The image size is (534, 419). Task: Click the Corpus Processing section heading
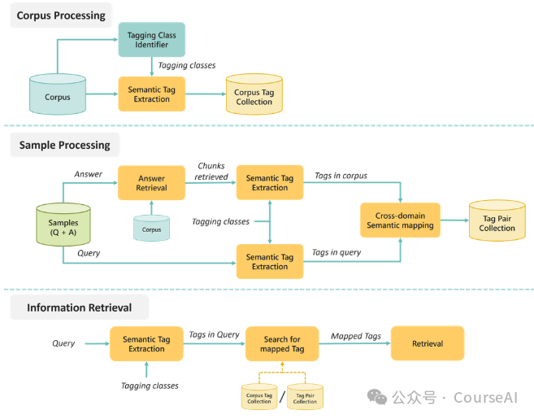coord(62,15)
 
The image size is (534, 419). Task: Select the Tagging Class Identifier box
coord(152,39)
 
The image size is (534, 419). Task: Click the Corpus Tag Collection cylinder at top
coord(254,94)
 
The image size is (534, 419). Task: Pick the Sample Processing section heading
coord(65,145)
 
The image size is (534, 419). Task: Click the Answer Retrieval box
coord(151,183)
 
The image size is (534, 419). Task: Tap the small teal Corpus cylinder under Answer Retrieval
coord(151,229)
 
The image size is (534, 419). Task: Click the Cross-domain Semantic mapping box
coord(400,220)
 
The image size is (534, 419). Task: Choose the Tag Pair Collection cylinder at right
coord(497,221)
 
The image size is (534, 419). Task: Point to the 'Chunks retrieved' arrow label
coord(211,171)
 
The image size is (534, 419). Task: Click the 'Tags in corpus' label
coord(341,176)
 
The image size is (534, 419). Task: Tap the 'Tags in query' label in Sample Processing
coord(336,252)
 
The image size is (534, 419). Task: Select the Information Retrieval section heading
coord(79,308)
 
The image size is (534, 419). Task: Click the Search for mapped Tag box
coord(281,344)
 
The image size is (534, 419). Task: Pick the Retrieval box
coord(428,343)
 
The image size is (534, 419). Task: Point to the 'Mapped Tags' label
coord(355,335)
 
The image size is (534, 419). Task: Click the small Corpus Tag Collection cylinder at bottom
coord(259,396)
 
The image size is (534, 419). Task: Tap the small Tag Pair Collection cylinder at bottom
coord(305,396)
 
